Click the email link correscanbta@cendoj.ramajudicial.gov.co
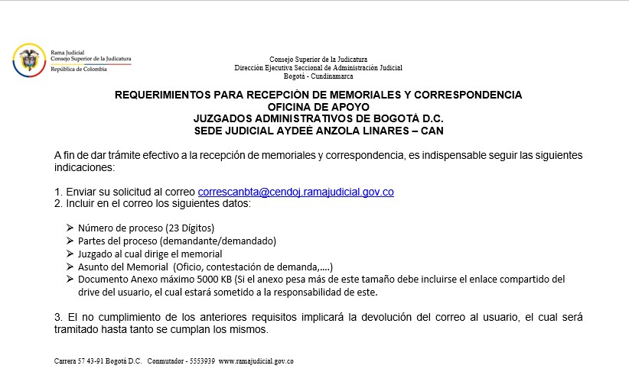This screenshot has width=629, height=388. click(x=295, y=192)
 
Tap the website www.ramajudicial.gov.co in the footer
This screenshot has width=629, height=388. click(x=256, y=361)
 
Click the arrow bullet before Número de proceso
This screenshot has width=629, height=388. click(x=70, y=228)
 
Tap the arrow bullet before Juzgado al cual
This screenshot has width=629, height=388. click(x=70, y=254)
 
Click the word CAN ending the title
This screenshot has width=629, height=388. click(x=432, y=131)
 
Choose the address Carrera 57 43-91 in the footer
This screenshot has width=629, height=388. click(x=80, y=361)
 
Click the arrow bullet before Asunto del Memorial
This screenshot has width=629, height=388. click(x=70, y=267)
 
